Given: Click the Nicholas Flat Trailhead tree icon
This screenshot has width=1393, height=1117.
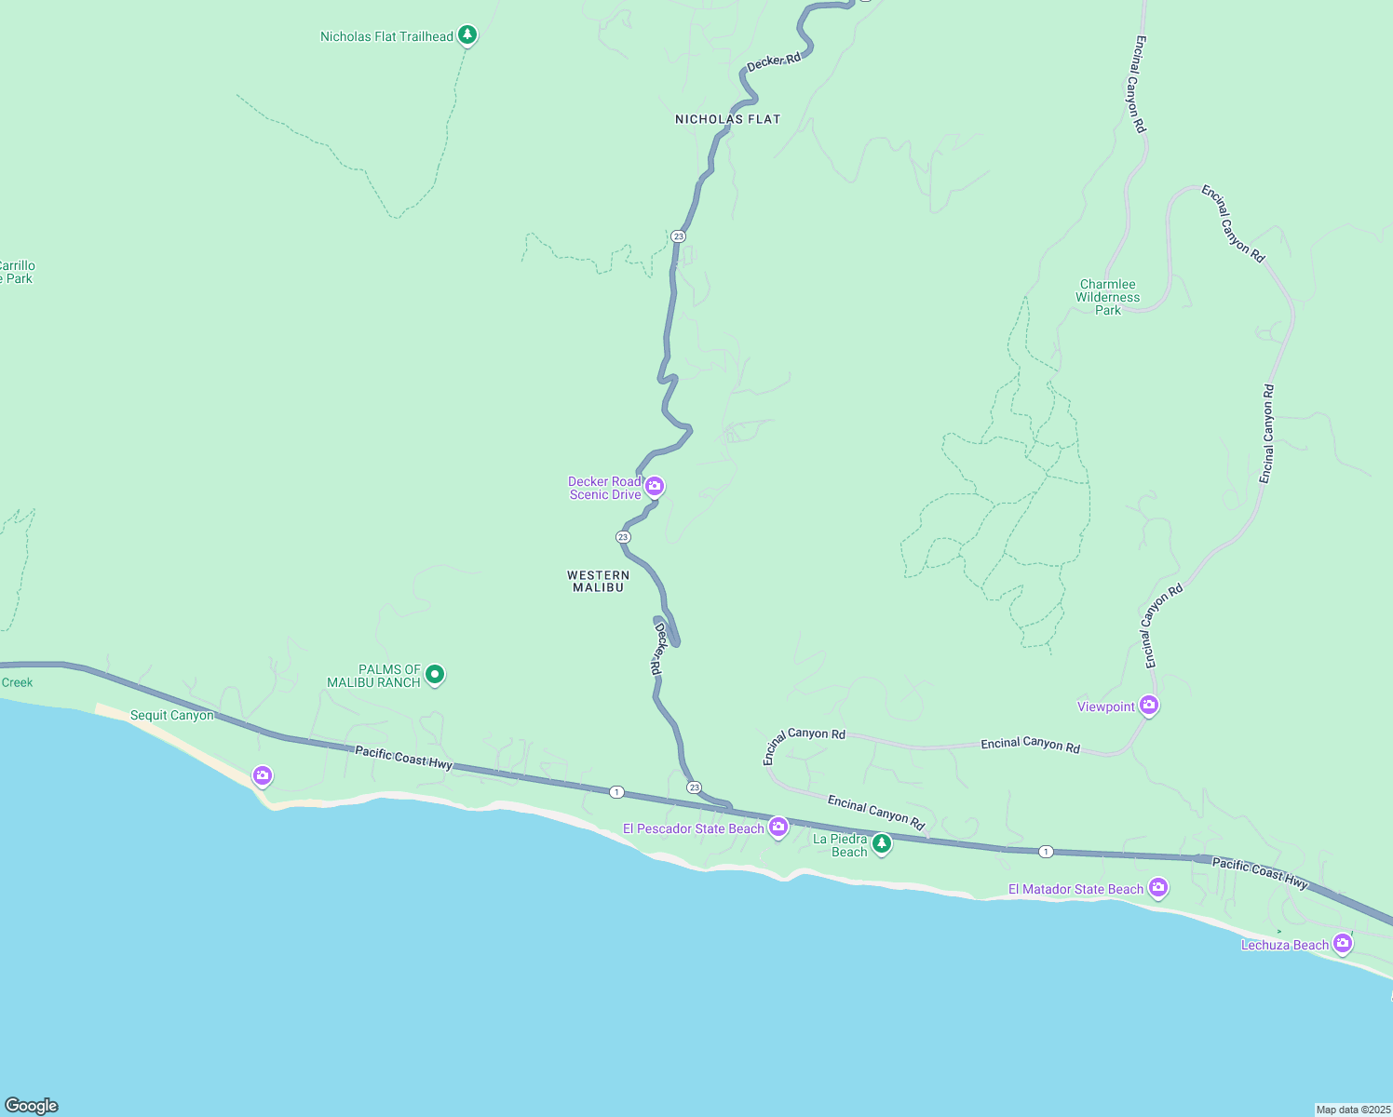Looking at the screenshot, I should [x=467, y=35].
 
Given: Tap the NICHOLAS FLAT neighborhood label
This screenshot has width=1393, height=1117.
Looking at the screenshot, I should [x=727, y=119].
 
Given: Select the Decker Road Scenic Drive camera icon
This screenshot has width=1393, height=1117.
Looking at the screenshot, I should [x=655, y=486].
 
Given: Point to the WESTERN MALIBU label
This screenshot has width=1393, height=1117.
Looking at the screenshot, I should [x=598, y=581].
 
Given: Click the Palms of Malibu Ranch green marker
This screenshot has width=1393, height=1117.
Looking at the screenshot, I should [x=434, y=674].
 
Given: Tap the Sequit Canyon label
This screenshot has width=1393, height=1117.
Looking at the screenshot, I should [x=171, y=715].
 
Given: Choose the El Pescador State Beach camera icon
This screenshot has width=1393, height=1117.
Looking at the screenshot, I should [x=778, y=827].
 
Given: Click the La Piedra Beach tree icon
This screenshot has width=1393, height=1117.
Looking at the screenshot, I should [x=881, y=843].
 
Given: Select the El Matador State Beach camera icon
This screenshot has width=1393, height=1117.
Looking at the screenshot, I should [x=1158, y=887].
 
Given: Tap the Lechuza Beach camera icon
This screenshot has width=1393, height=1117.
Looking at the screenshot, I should [x=1342, y=943].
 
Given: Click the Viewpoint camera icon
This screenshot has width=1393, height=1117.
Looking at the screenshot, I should [x=1149, y=706].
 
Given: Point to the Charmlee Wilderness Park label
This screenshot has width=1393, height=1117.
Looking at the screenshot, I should [x=1107, y=297].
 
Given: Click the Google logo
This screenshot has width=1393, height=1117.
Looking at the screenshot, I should [x=31, y=1106].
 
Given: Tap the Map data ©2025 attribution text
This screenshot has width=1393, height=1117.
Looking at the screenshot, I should [x=1352, y=1110].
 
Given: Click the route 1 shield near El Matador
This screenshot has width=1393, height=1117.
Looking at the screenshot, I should [x=1047, y=852].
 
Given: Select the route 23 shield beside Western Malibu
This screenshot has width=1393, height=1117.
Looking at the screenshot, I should [x=623, y=537].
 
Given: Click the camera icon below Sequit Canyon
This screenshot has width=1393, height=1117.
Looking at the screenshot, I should [x=263, y=774].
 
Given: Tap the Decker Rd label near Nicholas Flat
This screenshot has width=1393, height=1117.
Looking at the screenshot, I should [x=774, y=62].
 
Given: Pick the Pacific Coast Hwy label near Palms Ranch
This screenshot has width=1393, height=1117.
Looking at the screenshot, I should [x=403, y=758].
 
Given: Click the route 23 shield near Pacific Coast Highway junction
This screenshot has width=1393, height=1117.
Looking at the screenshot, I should [x=695, y=787].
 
